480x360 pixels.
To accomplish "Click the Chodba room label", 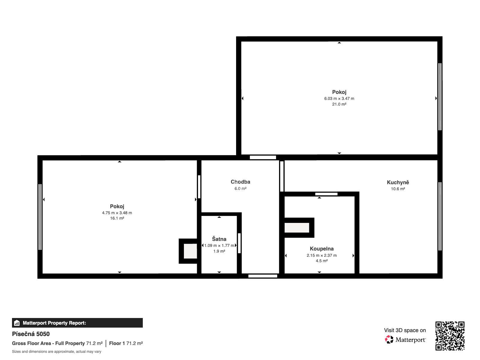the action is tap(240, 181).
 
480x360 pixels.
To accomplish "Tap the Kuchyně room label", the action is tap(397, 182).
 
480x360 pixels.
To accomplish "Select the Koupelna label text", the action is tap(322, 248).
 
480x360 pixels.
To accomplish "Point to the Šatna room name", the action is tap(219, 239).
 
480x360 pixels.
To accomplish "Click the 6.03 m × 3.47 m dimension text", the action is tap(339, 99).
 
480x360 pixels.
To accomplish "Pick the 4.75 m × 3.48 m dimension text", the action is tap(117, 213).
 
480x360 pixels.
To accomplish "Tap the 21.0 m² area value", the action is tap(339, 104).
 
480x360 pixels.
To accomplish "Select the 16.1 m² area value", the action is tap(117, 218).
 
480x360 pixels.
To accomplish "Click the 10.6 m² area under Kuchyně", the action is tap(398, 189).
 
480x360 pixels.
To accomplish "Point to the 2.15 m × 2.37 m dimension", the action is tap(322, 255).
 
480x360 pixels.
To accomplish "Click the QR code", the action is tap(450, 336).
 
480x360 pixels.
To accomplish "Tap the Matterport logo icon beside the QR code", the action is tap(389, 340).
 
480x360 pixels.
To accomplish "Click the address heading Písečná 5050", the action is tap(31, 334).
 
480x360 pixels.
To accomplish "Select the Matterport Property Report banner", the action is tap(77, 323).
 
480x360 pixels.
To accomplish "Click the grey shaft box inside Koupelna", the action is tap(296, 228).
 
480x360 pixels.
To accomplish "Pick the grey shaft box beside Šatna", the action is tap(190, 251).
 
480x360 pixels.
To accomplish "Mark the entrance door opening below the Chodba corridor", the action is tap(262, 276).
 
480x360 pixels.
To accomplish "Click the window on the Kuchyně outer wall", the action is tap(440, 216).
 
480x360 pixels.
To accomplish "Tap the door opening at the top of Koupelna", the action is tap(326, 194).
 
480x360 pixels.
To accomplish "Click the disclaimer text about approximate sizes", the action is tap(56, 352).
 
